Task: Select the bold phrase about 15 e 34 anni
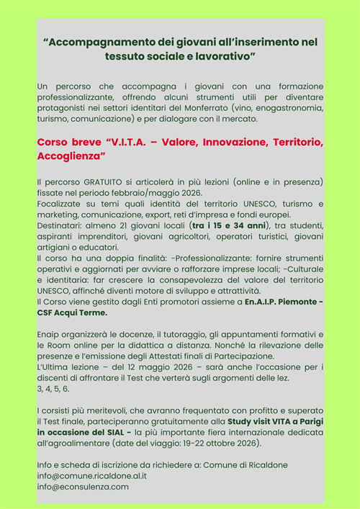coord(225,225)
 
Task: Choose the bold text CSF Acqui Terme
coord(72,313)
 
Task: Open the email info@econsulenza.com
coord(82,487)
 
